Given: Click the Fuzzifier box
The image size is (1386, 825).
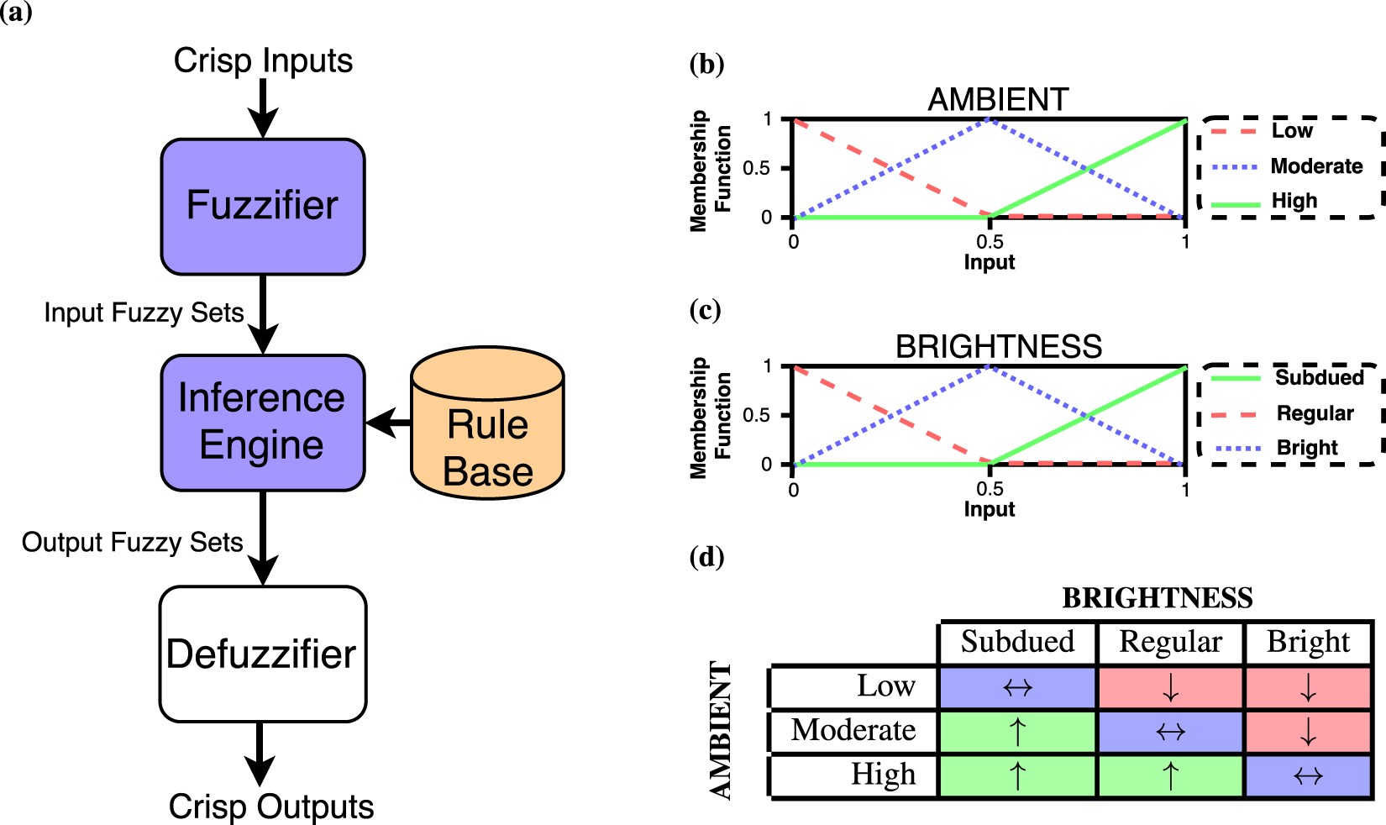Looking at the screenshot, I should (x=263, y=207).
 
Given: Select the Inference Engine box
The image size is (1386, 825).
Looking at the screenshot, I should (x=263, y=423).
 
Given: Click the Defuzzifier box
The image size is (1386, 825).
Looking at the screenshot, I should (x=263, y=654).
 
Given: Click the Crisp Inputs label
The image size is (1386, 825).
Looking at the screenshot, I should (x=263, y=60).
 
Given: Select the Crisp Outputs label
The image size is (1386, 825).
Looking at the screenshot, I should (x=270, y=807).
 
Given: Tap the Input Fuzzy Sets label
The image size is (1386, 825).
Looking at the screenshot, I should (x=144, y=313).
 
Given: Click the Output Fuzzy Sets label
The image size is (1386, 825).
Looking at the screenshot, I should (x=132, y=543).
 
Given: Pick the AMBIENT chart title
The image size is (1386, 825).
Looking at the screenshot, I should (x=998, y=99).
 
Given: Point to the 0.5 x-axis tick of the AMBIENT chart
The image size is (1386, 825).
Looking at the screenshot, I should (x=990, y=241).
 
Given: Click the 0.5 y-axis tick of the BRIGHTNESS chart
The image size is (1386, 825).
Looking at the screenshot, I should (x=756, y=415).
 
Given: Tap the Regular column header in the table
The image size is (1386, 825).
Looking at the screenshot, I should (x=1170, y=642).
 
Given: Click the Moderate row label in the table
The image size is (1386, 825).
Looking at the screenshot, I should (x=853, y=730).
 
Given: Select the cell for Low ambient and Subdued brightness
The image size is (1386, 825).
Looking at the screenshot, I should (x=1017, y=687).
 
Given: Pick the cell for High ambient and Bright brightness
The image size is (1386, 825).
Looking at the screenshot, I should (x=1308, y=775).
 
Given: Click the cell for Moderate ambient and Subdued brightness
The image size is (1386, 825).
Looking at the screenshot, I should (x=1017, y=731).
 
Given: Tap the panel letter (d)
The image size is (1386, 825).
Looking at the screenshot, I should (x=706, y=557).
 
